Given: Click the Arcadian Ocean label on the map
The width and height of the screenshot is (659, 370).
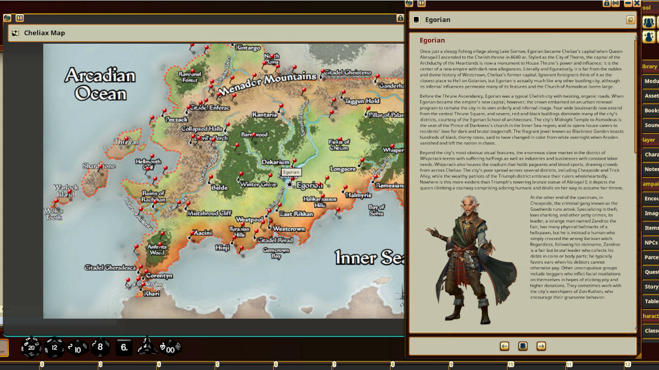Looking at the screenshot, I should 100,85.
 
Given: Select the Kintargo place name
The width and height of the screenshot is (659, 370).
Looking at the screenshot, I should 248,48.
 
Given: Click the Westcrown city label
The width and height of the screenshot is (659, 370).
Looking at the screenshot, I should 288,229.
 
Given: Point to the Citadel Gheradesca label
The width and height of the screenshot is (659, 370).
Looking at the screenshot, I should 110,268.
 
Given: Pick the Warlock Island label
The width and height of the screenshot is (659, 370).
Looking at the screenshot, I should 66,191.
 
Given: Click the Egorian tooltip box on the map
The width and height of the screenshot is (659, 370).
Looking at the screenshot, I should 291,173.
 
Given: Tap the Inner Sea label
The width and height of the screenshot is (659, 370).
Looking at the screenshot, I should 369,258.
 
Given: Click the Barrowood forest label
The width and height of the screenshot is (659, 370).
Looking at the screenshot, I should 254,135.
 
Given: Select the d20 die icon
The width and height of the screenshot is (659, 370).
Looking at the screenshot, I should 31,347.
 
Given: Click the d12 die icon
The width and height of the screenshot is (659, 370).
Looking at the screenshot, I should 54,347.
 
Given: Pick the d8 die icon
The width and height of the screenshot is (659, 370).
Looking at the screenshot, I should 100,347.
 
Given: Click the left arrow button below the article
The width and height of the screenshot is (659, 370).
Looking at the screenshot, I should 505,346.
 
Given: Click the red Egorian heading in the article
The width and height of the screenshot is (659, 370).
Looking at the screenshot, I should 432,40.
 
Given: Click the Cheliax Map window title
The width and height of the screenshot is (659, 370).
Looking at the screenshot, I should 44,33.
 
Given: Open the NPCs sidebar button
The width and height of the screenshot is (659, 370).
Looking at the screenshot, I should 651,243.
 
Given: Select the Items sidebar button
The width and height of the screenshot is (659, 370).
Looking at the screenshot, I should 651,228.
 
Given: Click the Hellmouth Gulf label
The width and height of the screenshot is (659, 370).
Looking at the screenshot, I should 148,164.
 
